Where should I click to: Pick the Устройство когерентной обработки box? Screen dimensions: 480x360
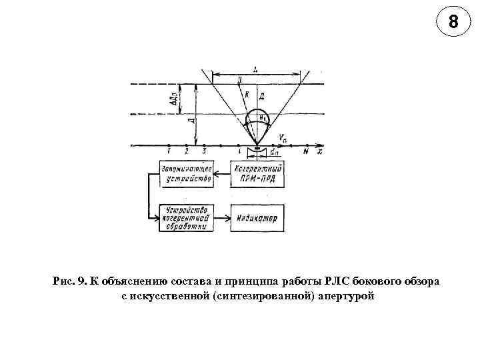(187, 217)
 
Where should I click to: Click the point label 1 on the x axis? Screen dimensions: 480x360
(169, 153)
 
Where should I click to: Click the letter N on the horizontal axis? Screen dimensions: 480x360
(305, 153)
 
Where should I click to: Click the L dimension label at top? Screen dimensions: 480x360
(257, 68)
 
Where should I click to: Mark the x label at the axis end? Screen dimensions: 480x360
(320, 152)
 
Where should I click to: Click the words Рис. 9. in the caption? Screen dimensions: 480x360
(69, 281)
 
